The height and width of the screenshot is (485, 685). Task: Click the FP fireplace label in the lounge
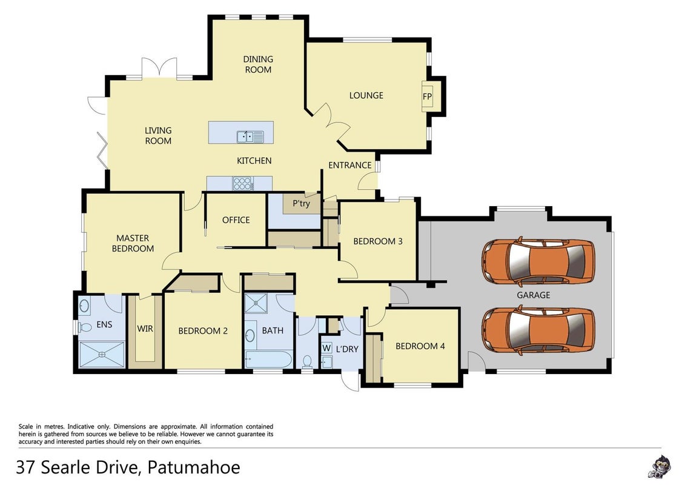coord(427,96)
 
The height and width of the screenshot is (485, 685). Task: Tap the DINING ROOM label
coord(258,64)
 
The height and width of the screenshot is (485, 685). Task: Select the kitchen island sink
coord(250,137)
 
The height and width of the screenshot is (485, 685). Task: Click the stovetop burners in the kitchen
coord(242,183)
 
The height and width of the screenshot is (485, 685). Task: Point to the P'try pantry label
coord(302,203)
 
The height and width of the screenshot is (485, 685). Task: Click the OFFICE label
coord(236,220)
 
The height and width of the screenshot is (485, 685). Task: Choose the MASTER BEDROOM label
coord(133,243)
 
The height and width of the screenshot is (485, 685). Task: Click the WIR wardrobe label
coord(145,329)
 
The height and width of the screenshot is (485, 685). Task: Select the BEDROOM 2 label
coord(203,331)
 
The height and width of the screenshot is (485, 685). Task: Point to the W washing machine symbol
coord(326,348)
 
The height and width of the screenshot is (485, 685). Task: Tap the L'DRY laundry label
coord(347,349)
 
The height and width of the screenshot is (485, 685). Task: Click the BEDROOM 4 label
coord(420,346)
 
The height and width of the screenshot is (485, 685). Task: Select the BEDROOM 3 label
coord(378,241)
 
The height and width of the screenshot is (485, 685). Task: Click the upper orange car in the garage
coord(538,261)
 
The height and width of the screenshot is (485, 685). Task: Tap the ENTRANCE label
coord(350,166)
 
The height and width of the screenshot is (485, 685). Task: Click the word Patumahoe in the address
coord(194,467)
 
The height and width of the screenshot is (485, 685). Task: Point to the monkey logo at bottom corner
coord(659,467)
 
